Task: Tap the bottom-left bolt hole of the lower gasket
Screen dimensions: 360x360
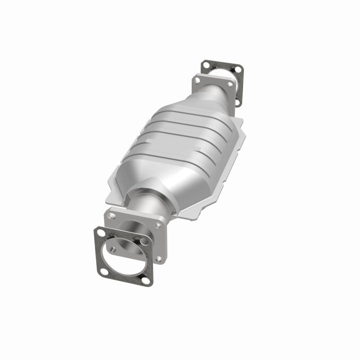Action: pos(103,271)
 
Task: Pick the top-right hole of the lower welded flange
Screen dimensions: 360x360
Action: pos(158,225)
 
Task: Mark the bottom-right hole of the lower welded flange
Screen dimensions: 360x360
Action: pos(159,258)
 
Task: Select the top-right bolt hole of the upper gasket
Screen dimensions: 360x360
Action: pos(238,68)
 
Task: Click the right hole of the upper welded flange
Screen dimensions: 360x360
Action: pos(229,84)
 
